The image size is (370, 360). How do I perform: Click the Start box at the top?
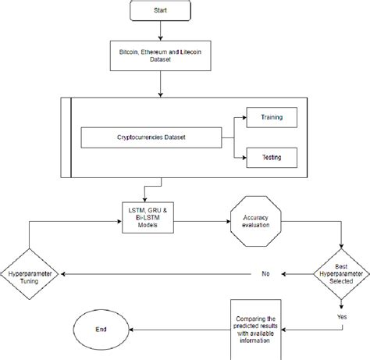[x=160, y=12]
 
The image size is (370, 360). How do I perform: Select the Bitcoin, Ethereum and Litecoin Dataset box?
[x=160, y=55]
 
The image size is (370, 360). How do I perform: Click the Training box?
[x=271, y=118]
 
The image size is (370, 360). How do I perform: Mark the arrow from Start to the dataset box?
[x=160, y=32]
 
